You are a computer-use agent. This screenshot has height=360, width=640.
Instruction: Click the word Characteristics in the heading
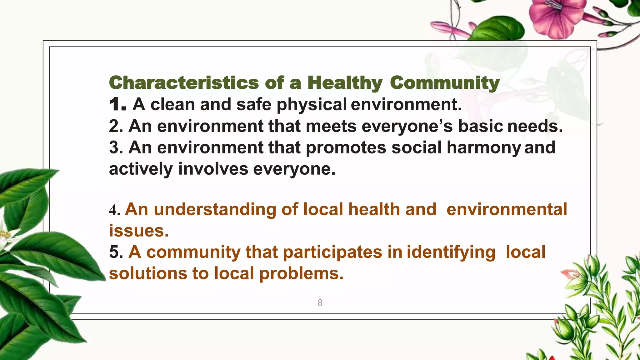(184, 83)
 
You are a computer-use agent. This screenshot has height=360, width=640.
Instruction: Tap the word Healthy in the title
(345, 83)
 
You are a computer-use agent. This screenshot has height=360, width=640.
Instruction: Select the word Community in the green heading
(444, 83)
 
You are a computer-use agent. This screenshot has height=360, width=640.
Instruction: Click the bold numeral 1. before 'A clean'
(118, 104)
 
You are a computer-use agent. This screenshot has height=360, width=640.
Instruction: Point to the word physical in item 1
(312, 105)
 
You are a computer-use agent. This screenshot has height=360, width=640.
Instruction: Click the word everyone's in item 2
(407, 126)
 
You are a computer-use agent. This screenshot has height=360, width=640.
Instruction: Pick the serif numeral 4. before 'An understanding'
(115, 210)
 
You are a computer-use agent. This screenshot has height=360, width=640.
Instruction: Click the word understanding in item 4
(215, 209)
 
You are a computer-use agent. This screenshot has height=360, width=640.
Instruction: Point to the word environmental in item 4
(507, 209)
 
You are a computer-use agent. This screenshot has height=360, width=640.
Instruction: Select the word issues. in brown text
(139, 231)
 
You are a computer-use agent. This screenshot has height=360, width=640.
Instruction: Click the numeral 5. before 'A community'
(116, 252)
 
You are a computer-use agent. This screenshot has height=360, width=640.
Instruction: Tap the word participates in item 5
(332, 252)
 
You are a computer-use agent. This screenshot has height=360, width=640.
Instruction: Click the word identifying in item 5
(451, 252)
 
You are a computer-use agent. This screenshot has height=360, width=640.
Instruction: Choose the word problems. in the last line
(301, 273)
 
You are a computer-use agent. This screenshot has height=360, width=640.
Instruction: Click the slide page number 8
(320, 302)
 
